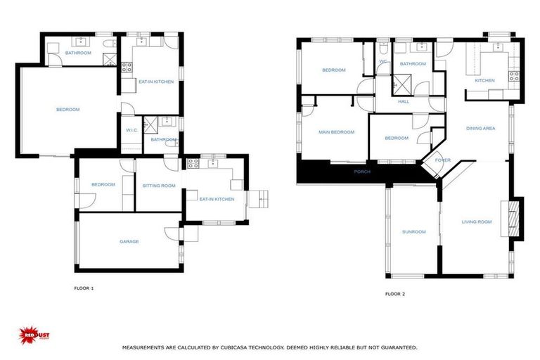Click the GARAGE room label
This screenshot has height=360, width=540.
tap(129, 241)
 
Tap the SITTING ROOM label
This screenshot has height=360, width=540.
tap(158, 185)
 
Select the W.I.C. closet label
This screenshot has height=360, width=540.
tap(131, 130)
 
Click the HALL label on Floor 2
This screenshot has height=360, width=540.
tap(404, 101)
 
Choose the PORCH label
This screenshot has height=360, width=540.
tap(362, 172)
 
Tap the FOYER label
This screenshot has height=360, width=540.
tap(442, 160)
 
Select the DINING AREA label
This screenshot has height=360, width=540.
tap(481, 129)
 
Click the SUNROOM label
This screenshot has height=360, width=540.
tap(413, 231)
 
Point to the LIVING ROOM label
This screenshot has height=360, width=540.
tap(476, 222)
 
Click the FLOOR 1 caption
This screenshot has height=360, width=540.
tap(84, 288)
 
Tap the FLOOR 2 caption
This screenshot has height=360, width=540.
tap(395, 294)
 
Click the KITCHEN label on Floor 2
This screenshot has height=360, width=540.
tap(484, 80)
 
